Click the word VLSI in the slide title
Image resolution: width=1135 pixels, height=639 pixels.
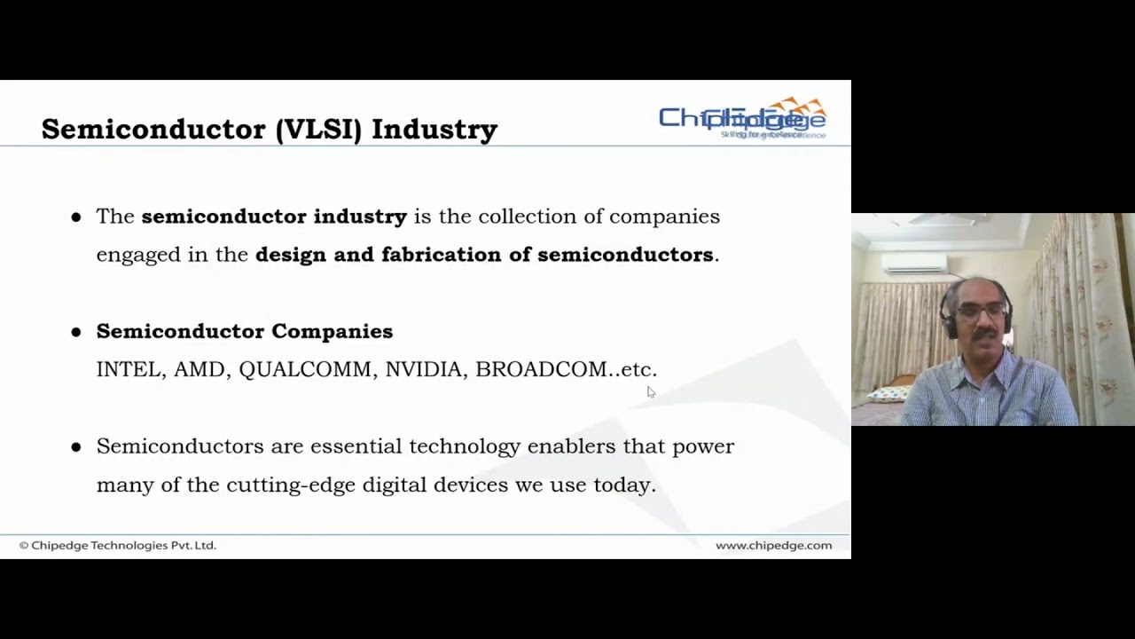pos(318,130)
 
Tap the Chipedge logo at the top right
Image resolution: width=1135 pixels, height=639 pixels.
pos(742,119)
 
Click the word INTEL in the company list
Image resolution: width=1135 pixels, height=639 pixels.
pos(129,369)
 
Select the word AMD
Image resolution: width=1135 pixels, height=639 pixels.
pos(200,369)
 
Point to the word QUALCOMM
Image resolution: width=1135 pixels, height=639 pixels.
pos(305,369)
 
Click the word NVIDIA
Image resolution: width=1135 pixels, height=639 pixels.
pos(423,369)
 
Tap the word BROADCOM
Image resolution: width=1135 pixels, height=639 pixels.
pos(541,369)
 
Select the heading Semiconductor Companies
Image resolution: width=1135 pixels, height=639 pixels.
pos(244,331)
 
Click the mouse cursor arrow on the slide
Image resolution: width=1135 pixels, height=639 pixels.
pos(650,391)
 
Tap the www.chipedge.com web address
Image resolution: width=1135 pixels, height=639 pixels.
pos(773,545)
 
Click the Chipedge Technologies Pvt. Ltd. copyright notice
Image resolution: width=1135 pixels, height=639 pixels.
pos(118,545)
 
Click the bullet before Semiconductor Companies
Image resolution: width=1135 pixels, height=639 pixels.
pos(76,332)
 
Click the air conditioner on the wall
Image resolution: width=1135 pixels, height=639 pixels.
pos(913,264)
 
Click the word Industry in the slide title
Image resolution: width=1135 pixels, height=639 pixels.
pos(434,130)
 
